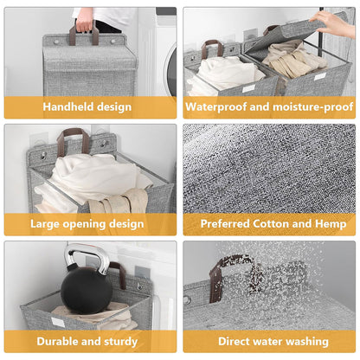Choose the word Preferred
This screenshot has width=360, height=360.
coord(229,224)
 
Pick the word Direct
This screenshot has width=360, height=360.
coord(237,341)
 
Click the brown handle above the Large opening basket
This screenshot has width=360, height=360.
coord(74,138)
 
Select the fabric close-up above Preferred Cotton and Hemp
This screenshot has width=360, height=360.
coord(269,168)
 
